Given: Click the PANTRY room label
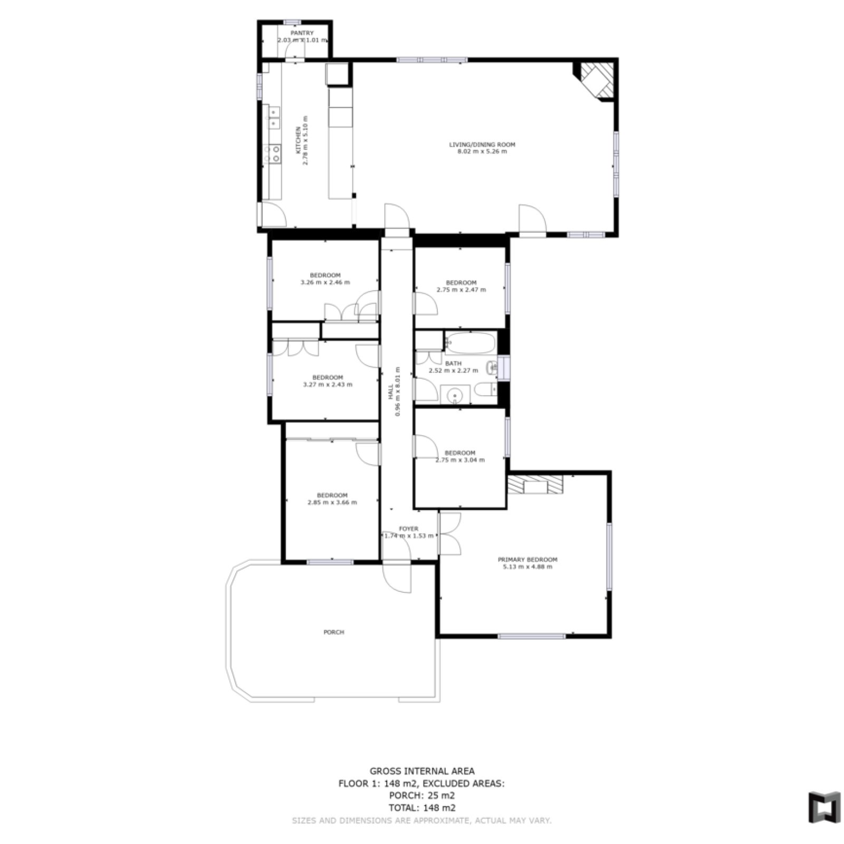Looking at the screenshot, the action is (x=302, y=33).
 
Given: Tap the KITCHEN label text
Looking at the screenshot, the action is (x=298, y=140).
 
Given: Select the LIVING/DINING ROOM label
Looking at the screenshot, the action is (x=482, y=145).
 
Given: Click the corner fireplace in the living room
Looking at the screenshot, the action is (x=598, y=79).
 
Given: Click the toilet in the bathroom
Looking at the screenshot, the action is (x=486, y=390).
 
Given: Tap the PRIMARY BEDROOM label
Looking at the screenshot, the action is (x=527, y=560).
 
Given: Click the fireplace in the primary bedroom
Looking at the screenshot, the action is (x=535, y=484).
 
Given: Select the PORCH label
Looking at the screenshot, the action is (x=334, y=632).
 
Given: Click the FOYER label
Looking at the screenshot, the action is (x=409, y=529).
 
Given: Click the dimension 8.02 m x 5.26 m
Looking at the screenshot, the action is (x=482, y=152).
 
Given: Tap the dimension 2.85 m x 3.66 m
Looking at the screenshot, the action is (x=332, y=503).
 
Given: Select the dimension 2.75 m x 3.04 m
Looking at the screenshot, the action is (x=460, y=460).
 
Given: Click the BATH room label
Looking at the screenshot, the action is (x=453, y=363).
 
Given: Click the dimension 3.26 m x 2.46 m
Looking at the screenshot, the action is (x=325, y=282).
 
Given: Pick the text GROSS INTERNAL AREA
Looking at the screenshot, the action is (x=422, y=771).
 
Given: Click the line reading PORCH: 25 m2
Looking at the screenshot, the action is (x=422, y=796).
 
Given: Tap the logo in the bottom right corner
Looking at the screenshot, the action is (x=824, y=807).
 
